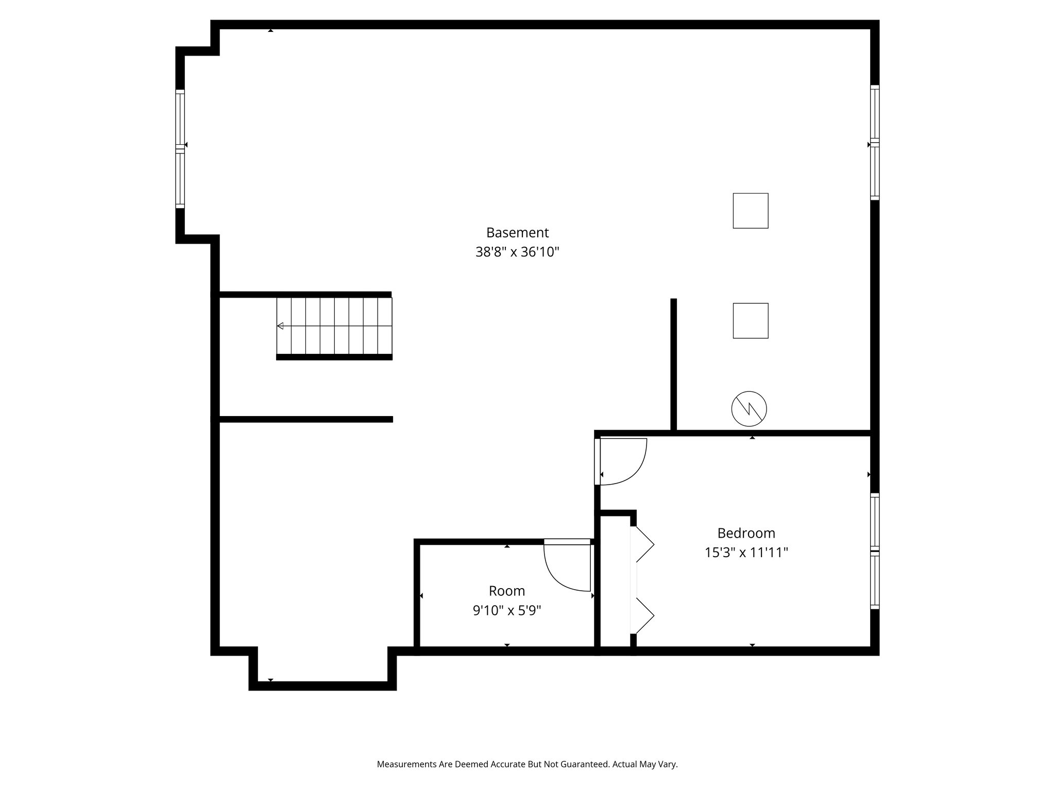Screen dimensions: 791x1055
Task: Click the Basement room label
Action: (x=517, y=233)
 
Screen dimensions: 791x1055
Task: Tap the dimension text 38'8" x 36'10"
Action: (x=517, y=252)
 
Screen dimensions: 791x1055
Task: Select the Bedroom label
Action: (x=746, y=533)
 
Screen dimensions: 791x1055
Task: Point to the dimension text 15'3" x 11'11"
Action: (x=746, y=553)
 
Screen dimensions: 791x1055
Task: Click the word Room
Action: (x=507, y=591)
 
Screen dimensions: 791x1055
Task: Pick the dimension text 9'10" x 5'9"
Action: (x=507, y=611)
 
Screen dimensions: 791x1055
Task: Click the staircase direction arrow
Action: (x=281, y=326)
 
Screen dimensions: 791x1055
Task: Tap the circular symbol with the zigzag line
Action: (x=749, y=408)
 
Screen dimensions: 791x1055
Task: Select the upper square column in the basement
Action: (x=751, y=211)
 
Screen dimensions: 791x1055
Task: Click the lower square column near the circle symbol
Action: (x=751, y=320)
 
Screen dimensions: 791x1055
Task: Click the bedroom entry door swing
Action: (x=622, y=461)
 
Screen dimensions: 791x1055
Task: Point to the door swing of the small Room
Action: (x=567, y=566)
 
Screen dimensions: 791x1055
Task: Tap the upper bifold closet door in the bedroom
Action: (x=643, y=544)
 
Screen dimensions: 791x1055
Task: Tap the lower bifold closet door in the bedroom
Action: (x=643, y=616)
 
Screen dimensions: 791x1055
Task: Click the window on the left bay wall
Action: (x=180, y=148)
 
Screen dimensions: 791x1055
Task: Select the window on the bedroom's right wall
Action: (x=875, y=551)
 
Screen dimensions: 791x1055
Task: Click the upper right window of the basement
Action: (x=875, y=142)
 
